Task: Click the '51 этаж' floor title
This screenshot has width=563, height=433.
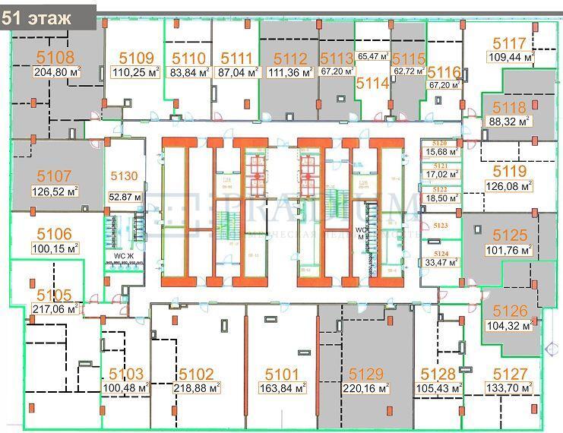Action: click(38, 17)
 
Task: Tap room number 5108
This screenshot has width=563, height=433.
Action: click(56, 57)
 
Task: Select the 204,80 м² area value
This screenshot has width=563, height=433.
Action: click(57, 72)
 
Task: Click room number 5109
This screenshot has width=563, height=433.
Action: click(137, 58)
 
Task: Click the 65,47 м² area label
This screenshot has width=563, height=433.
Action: click(373, 56)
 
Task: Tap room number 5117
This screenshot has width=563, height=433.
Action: click(509, 43)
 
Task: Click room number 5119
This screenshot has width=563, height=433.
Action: click(509, 170)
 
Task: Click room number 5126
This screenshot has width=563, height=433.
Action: click(509, 311)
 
